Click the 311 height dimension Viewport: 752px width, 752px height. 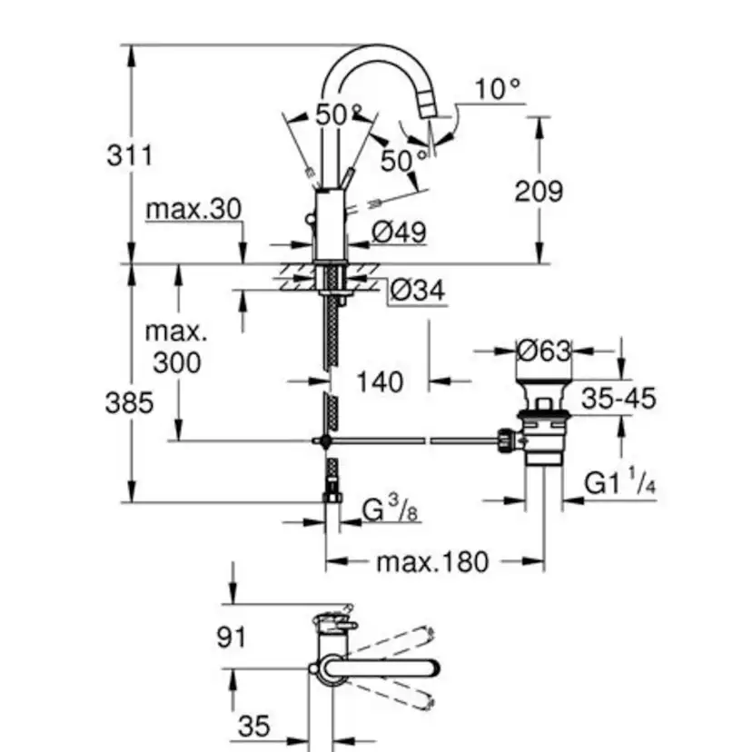(x=129, y=155)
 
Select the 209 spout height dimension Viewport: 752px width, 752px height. (x=539, y=191)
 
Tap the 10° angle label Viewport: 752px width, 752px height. (x=498, y=89)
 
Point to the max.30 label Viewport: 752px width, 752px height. (x=193, y=210)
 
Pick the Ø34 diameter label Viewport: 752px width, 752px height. (x=419, y=291)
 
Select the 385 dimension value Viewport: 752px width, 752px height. (x=129, y=402)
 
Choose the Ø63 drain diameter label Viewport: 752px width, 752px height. (x=542, y=350)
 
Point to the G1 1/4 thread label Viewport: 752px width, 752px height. (x=619, y=483)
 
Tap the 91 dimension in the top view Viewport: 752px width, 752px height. (x=233, y=637)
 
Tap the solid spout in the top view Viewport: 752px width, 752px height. (x=381, y=668)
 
